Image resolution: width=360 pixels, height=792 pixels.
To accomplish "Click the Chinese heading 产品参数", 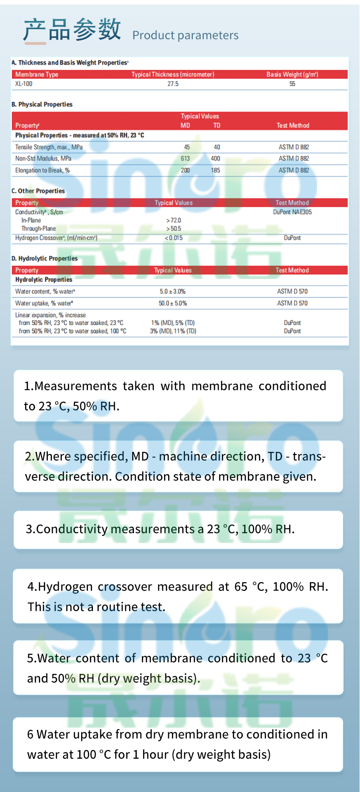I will tap(72, 30).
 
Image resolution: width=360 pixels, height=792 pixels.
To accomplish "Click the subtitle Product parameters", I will tap(185, 35).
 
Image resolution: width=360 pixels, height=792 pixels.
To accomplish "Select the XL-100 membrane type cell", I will tap(24, 84).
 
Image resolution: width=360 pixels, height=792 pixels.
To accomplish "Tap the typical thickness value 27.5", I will tap(173, 84).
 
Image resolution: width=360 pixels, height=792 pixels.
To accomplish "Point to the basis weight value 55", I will tap(292, 84).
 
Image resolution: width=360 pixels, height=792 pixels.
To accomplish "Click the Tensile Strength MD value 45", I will tap(187, 147).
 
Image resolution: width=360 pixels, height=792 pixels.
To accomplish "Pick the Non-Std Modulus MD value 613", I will tap(185, 159).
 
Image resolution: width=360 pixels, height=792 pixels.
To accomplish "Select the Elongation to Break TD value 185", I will tap(216, 171).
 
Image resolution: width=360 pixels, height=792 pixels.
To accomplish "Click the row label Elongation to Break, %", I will tap(42, 171).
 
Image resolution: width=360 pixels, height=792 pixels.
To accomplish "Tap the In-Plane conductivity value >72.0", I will tap(174, 220).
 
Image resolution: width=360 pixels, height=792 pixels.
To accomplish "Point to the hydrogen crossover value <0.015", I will tap(174, 238).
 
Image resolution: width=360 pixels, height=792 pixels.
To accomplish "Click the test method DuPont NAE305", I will tap(292, 212).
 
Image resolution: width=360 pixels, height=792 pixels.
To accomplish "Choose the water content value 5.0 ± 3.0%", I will tap(172, 291).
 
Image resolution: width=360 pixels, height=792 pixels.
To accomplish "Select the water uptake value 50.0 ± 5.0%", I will tap(173, 303).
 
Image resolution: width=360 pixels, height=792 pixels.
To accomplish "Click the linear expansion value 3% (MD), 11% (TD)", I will tap(173, 331).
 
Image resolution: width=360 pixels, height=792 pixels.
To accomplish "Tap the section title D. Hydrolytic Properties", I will tap(45, 259).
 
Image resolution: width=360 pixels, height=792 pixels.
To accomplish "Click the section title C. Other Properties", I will tap(38, 191).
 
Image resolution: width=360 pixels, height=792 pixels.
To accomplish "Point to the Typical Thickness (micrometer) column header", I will tap(173, 74).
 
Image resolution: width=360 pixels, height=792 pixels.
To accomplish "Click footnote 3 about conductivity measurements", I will tap(160, 529).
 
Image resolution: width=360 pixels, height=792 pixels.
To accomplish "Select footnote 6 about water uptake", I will tap(177, 744).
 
